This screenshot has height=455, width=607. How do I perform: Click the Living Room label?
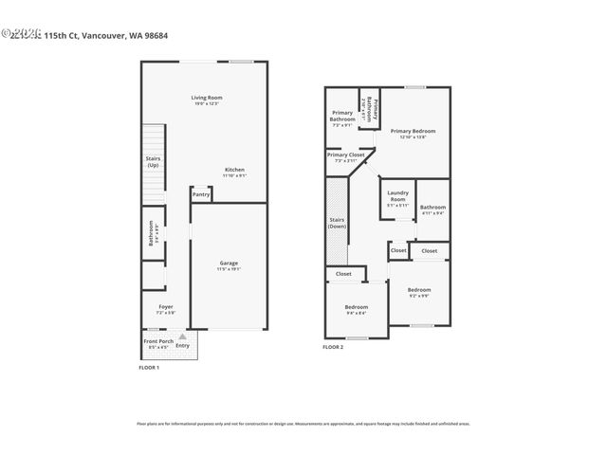coord(205,98)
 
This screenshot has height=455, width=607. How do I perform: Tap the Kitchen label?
coord(234,170)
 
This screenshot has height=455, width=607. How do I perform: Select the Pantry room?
coord(201,194)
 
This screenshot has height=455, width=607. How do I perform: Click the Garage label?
coord(229,263)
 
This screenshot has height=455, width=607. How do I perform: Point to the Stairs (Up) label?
coord(153,162)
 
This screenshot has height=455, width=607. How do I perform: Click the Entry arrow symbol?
coord(182,337)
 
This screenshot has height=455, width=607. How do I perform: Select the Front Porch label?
coord(156,341)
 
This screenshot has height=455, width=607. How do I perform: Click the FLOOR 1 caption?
coord(149,367)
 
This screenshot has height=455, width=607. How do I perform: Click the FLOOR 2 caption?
coord(333,348)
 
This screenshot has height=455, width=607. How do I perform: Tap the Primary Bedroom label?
coord(414,131)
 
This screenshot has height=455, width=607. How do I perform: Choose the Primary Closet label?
coord(345,155)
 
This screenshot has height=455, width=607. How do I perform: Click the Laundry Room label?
coord(397,196)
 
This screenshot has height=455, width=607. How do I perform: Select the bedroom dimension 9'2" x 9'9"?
coord(419,295)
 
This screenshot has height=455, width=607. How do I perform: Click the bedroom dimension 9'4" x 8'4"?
coord(357,314)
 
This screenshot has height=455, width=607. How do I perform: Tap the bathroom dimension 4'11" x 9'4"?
coord(433,212)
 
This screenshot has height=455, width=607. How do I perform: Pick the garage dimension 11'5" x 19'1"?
coord(229,269)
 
